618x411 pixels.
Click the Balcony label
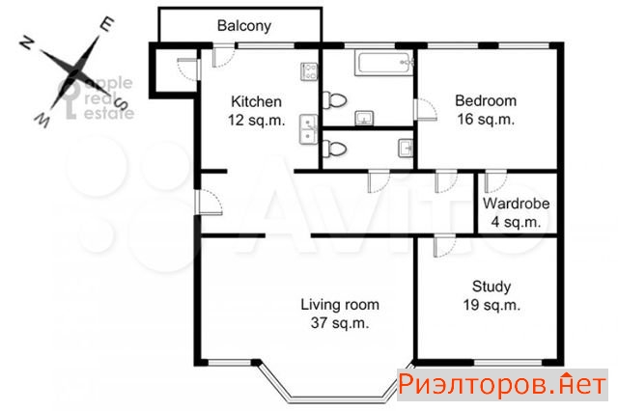coord(244,26)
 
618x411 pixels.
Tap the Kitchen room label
coord(256,101)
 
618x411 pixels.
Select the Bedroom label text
coord(486,100)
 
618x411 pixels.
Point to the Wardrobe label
coord(516,204)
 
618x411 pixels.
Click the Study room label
coord(492,287)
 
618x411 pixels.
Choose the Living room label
coord(340,305)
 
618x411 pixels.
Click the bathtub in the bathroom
coord(384,62)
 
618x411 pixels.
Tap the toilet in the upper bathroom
coord(335,100)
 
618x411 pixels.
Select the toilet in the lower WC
coord(335,150)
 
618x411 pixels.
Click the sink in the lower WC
coord(406,148)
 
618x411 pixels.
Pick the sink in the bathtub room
coord(364,118)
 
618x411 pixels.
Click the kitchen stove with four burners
coord(309,71)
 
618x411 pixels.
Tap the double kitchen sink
coord(309,129)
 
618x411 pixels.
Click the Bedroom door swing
coord(426,109)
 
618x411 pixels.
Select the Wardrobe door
coord(495,181)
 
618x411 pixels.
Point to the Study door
coord(444,245)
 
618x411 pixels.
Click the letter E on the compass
coord(107,24)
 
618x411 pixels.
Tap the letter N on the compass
coord(26,41)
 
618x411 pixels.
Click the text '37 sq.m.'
coord(340,323)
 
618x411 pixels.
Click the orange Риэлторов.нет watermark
coord(502,385)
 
